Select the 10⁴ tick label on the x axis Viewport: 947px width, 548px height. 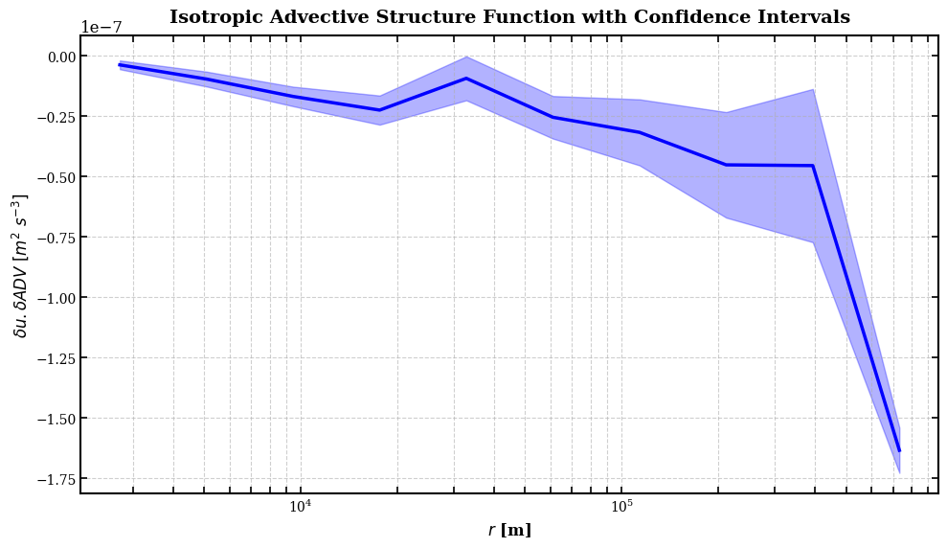coord(300,506)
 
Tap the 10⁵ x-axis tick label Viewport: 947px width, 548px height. coord(621,506)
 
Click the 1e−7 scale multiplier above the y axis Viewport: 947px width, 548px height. coord(101,27)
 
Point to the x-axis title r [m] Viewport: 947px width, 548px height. coord(509,531)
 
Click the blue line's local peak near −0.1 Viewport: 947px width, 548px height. coord(466,78)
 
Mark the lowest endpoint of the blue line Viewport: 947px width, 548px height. coord(899,450)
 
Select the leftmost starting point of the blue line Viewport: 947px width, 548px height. coord(120,64)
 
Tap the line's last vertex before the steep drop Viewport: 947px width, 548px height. coord(813,166)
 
